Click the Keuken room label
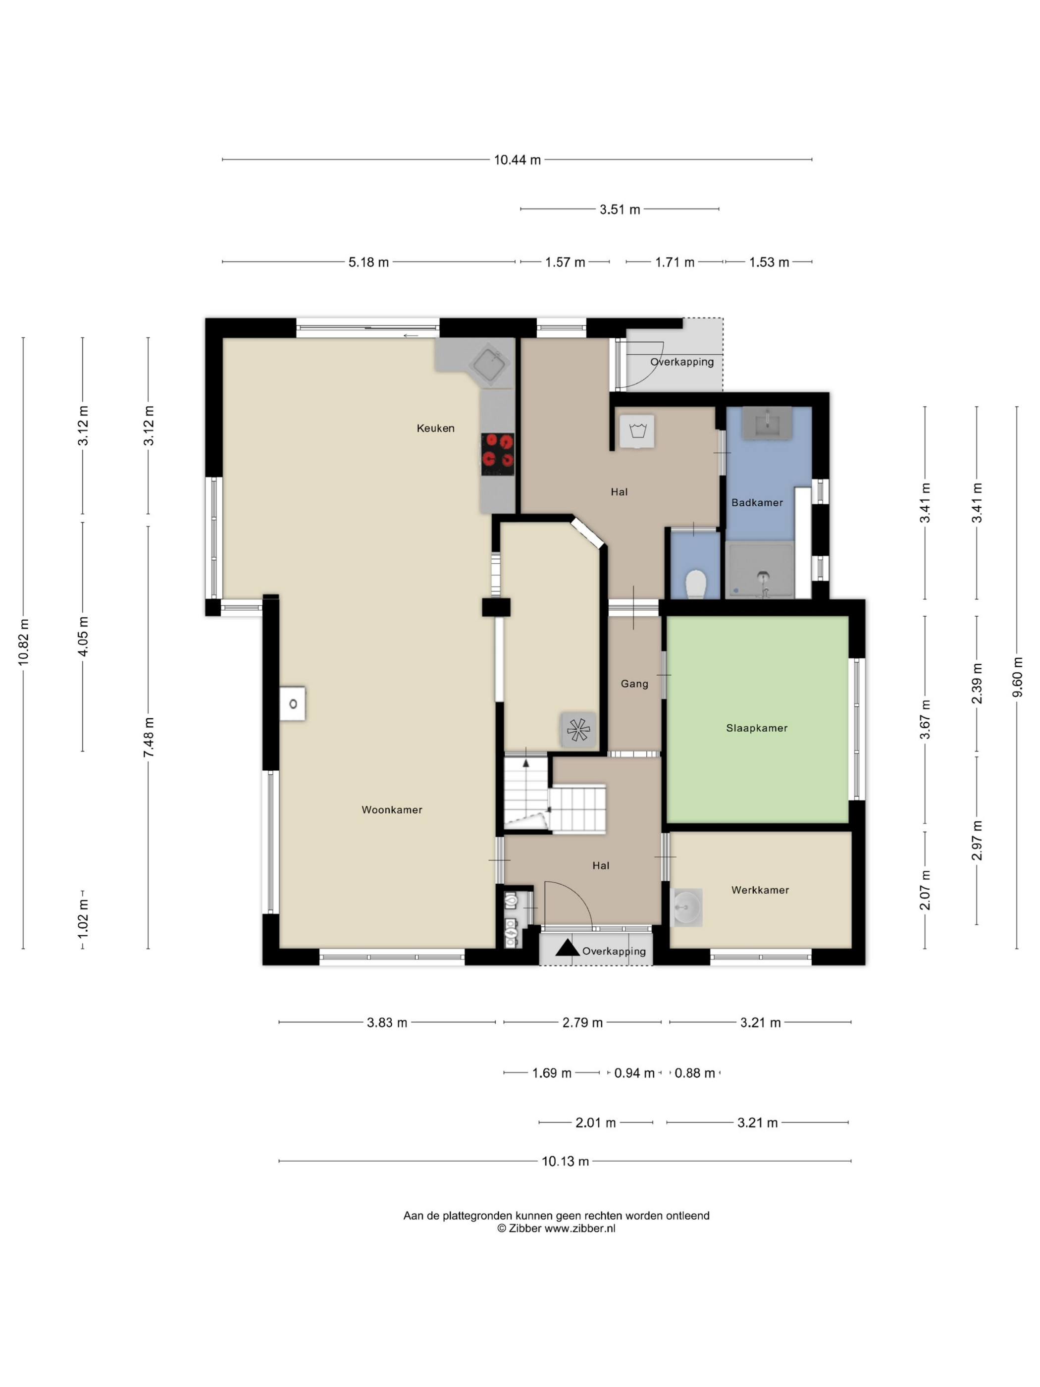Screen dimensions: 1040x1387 (x=435, y=428)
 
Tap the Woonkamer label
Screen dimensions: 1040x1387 (x=392, y=809)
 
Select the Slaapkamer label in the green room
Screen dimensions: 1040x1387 (x=757, y=728)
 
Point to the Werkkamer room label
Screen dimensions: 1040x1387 (x=760, y=890)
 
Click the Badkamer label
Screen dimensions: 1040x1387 (x=757, y=502)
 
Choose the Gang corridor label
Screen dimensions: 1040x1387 (x=634, y=684)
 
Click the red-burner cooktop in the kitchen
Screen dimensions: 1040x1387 (x=498, y=454)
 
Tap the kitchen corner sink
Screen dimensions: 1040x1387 (x=490, y=364)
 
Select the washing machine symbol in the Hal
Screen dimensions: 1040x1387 (x=637, y=431)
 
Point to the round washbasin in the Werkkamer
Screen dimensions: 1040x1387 (x=686, y=907)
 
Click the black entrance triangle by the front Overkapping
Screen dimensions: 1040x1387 (x=568, y=948)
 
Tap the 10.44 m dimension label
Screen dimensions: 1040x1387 (x=517, y=160)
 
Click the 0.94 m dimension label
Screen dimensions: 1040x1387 (x=634, y=1073)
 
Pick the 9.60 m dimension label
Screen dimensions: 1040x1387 (x=1017, y=677)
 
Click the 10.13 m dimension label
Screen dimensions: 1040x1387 (x=566, y=1161)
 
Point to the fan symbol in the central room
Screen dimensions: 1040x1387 (x=577, y=730)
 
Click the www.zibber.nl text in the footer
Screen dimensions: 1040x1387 (x=580, y=1228)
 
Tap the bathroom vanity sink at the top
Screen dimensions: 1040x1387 (x=767, y=423)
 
